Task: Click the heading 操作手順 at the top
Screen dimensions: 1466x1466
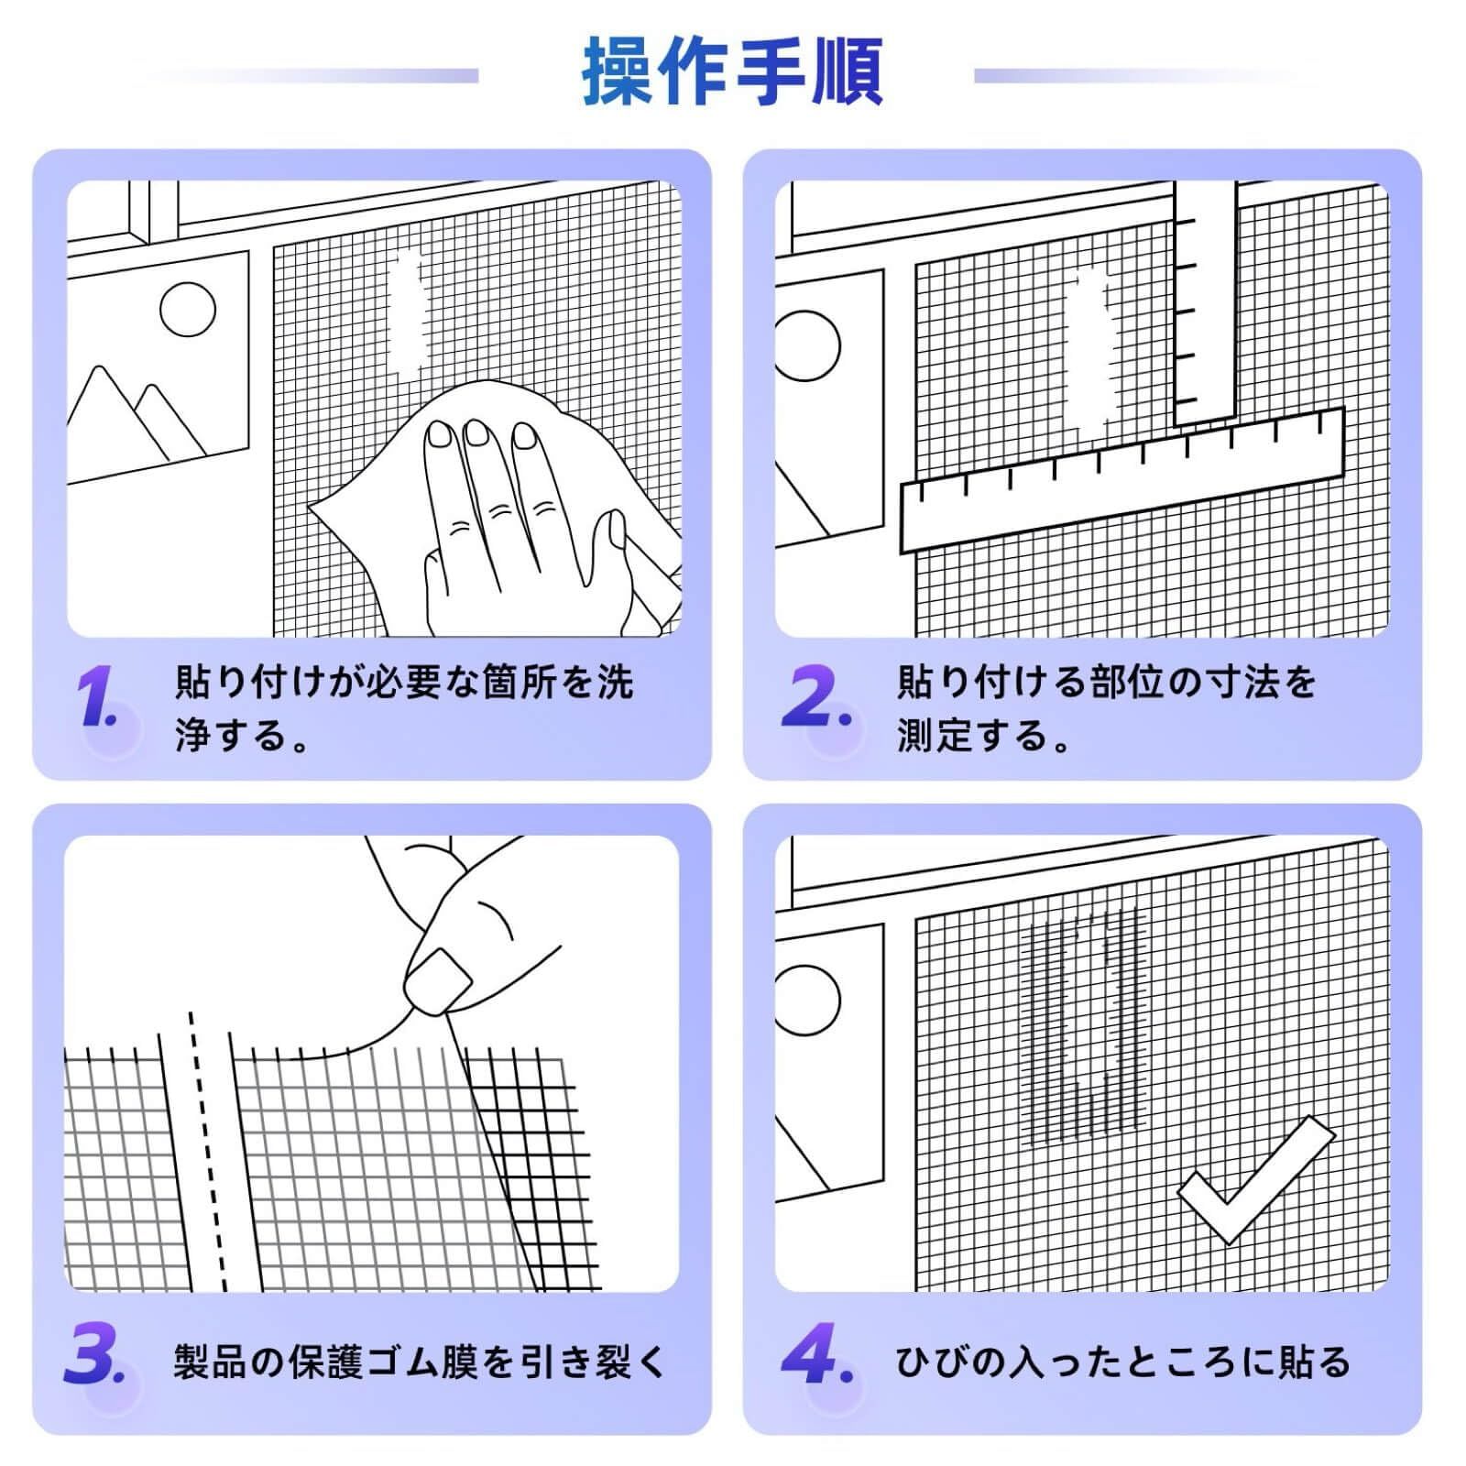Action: (732, 72)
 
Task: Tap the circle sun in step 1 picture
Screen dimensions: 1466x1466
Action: (188, 310)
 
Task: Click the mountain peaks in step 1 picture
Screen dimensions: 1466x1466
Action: (137, 417)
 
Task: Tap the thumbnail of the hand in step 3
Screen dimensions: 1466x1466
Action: (438, 980)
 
